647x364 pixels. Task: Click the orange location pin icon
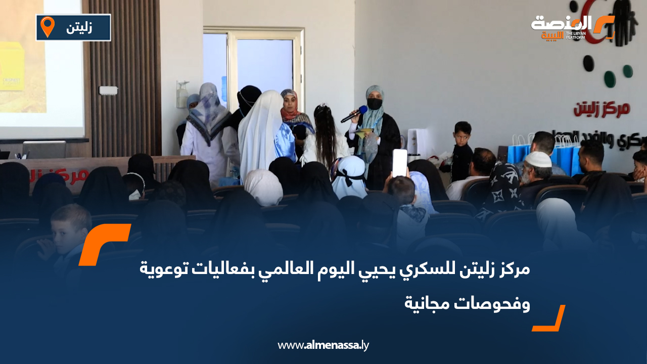click(x=48, y=26)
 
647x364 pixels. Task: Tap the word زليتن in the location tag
click(x=79, y=28)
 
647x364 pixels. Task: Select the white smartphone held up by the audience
click(x=399, y=162)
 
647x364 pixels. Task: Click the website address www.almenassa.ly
click(x=323, y=346)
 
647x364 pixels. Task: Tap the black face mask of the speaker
click(x=374, y=104)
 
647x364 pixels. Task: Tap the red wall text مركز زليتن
click(x=602, y=108)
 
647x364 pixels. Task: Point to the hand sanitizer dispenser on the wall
click(x=182, y=95)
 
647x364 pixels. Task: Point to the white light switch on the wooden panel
click(x=108, y=90)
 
